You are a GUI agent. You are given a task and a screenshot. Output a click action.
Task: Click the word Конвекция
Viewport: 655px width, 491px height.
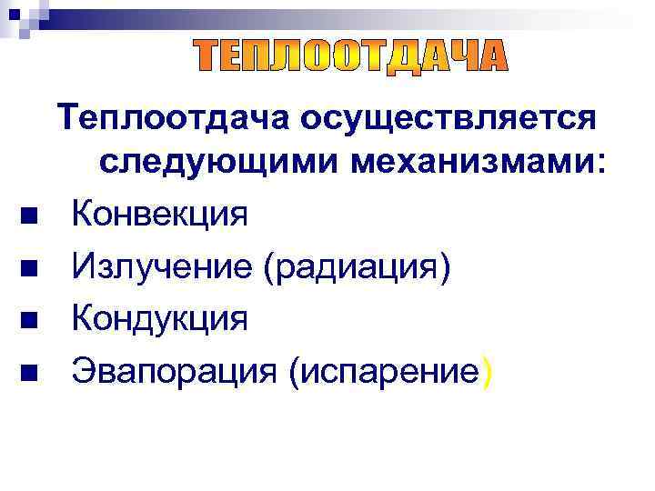point(160,215)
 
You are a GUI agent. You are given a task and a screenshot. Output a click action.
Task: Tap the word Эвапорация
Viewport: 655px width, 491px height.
point(174,372)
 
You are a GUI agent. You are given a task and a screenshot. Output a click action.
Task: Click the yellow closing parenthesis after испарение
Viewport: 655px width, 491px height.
point(489,373)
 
